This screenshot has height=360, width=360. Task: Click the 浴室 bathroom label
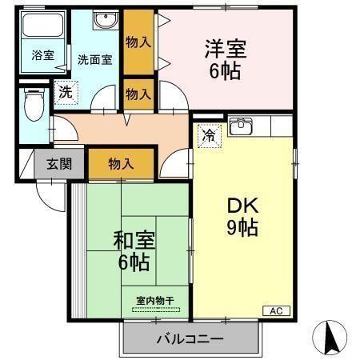[x=42, y=56]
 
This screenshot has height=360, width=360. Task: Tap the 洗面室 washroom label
[x=94, y=58]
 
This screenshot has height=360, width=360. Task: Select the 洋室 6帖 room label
[x=224, y=58]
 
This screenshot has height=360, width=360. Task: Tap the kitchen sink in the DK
[x=241, y=127]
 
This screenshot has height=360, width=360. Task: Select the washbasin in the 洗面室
[x=104, y=22]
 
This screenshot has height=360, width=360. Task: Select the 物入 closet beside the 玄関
[x=120, y=164]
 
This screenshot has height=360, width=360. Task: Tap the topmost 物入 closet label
[x=138, y=42]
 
